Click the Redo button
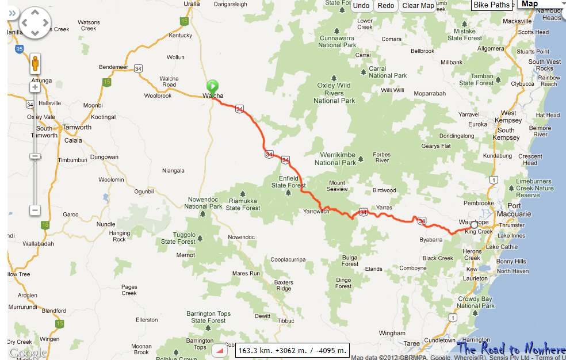tap(386, 6)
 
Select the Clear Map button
tap(418, 6)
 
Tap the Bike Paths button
tap(492, 5)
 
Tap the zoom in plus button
tap(35, 87)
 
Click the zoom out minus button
tap(35, 210)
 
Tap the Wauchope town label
tap(473, 222)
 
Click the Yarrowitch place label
tap(316, 212)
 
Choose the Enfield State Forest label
tap(288, 182)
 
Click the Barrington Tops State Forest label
tap(208, 317)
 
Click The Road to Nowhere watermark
tap(511, 349)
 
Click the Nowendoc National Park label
tap(202, 203)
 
